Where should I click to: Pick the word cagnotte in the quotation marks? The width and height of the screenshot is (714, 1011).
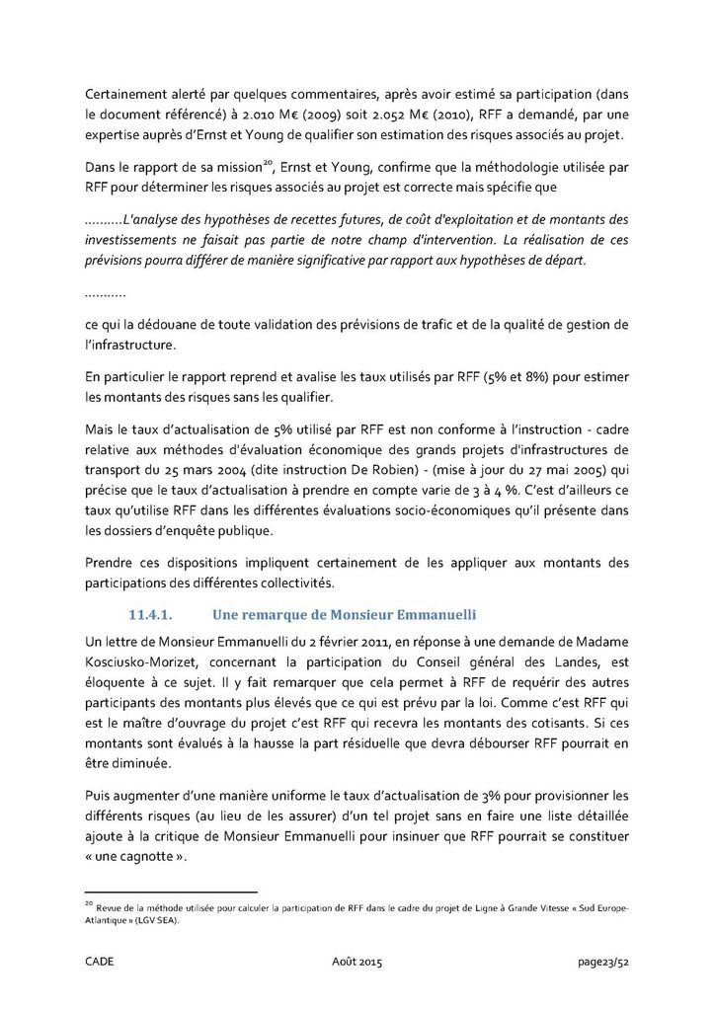pos(139,858)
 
